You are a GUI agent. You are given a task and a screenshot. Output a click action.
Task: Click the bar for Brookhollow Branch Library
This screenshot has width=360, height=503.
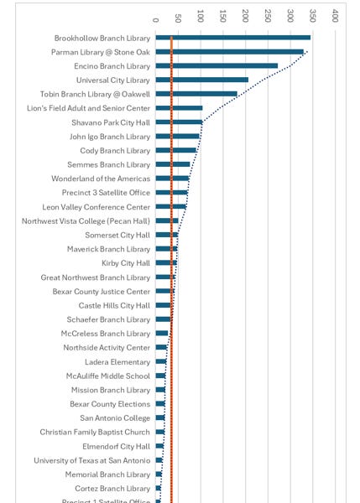pyautogui.click(x=232, y=38)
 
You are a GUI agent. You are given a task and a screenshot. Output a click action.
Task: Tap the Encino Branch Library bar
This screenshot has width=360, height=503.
pyautogui.click(x=217, y=65)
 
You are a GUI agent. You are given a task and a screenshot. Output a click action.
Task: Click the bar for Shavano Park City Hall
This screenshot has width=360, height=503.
pyautogui.click(x=179, y=122)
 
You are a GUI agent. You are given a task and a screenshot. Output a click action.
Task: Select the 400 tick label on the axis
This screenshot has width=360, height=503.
pyautogui.click(x=335, y=15)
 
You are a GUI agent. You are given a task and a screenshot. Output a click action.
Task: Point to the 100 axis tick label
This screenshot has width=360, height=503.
pyautogui.click(x=201, y=15)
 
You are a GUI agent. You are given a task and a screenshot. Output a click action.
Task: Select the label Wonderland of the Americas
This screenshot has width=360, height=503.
pyautogui.click(x=101, y=179)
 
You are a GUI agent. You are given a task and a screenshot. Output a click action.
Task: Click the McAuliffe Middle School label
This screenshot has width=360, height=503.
pyautogui.click(x=108, y=376)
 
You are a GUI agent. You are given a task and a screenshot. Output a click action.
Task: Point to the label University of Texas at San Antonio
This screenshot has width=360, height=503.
pyautogui.click(x=91, y=460)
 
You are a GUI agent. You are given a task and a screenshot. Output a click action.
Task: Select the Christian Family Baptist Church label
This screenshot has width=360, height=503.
pyautogui.click(x=95, y=433)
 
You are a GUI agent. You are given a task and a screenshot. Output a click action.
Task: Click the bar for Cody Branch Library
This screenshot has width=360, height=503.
pyautogui.click(x=176, y=150)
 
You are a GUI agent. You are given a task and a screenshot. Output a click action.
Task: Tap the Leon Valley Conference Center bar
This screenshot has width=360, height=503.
pyautogui.click(x=171, y=207)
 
